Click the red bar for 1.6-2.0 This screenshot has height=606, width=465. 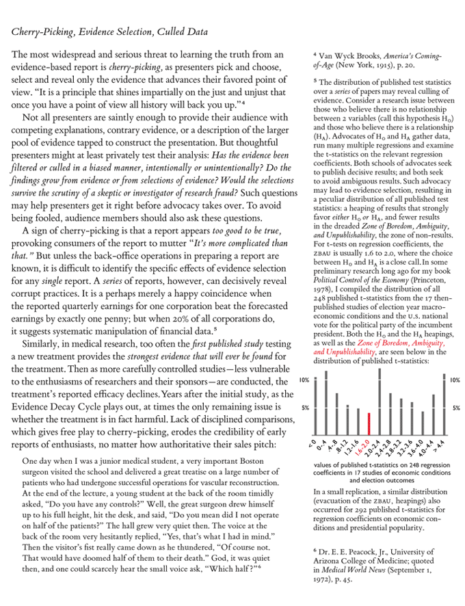[x=369, y=424]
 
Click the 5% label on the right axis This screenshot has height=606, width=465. [x=455, y=408]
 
